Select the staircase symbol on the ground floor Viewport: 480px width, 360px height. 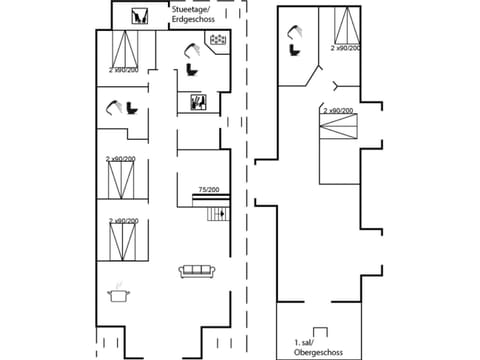218,213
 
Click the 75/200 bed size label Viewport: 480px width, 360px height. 208,189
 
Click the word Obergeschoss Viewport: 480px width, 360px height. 318,352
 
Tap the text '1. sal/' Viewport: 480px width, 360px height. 307,342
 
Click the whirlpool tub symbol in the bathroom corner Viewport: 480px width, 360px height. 215,39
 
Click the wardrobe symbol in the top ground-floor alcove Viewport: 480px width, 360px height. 140,16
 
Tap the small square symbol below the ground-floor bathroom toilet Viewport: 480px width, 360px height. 198,102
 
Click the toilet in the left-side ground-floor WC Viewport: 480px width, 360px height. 132,109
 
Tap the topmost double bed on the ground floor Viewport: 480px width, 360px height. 125,48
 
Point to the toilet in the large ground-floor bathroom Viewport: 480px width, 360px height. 189,69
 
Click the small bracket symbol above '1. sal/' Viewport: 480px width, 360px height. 320,331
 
